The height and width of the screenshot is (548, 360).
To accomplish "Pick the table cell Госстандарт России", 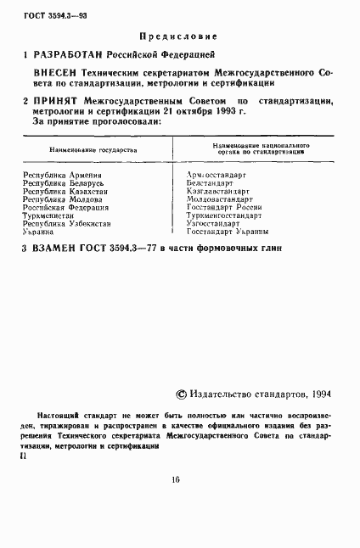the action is (x=226, y=208).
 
